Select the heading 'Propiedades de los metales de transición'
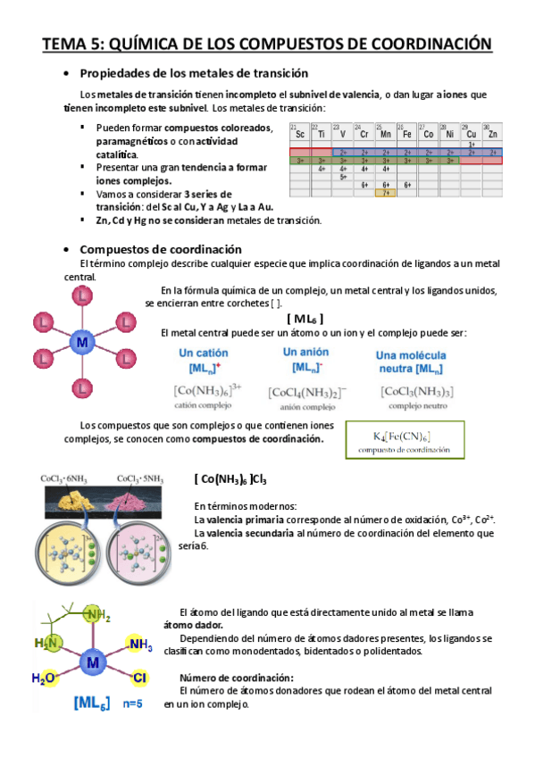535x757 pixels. [x=195, y=73]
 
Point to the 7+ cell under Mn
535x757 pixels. [x=385, y=192]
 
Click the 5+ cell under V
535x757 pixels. [x=342, y=177]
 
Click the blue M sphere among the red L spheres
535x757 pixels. [x=82, y=343]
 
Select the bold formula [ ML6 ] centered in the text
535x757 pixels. [x=305, y=319]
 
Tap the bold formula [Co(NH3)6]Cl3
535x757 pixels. [x=230, y=479]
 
